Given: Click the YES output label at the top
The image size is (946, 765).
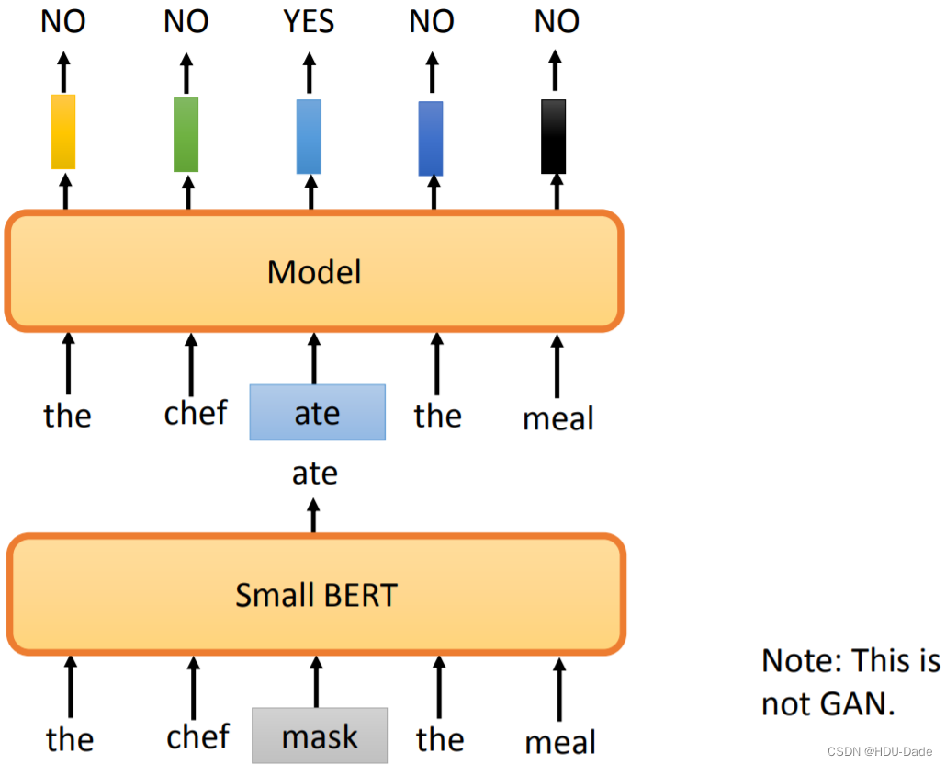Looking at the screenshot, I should [310, 21].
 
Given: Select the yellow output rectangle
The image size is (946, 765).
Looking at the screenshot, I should [63, 131].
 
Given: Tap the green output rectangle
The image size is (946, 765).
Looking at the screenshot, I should [186, 134].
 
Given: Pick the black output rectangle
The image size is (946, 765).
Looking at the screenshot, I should [554, 137].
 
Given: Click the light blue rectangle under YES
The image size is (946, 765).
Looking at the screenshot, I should [310, 137].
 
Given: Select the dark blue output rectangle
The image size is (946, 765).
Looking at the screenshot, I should [431, 138].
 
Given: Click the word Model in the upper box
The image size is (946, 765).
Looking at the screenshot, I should [314, 272].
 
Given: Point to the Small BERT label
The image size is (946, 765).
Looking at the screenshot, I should [316, 595].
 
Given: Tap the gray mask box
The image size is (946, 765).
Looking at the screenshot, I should [320, 736].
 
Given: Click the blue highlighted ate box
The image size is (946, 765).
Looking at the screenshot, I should [317, 412].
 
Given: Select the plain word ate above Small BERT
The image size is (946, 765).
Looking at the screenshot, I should [315, 474].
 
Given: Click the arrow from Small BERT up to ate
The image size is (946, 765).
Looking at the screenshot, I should [314, 516].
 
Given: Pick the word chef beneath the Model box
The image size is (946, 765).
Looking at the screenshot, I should [196, 413].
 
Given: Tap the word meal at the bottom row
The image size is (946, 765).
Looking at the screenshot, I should [560, 741].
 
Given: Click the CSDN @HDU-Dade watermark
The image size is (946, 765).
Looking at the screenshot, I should [880, 751].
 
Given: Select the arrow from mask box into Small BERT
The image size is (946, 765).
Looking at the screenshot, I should [316, 681].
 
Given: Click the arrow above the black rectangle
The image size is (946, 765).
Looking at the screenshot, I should [554, 68].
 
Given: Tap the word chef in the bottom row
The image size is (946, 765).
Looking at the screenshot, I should [198, 736].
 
